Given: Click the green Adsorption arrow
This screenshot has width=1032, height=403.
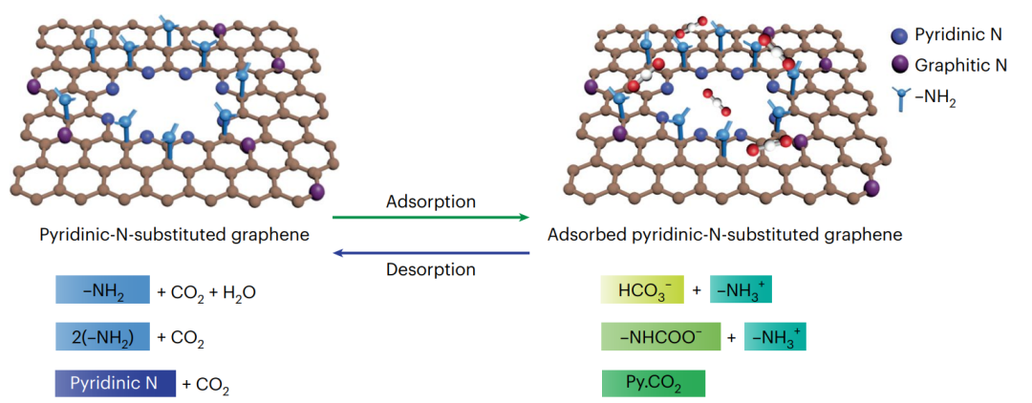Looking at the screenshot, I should click(x=430, y=218).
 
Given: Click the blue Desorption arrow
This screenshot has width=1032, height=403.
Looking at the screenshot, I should click(x=430, y=253).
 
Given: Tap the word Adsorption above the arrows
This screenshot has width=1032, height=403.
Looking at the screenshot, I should click(x=431, y=201).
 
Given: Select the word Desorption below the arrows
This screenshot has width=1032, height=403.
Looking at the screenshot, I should click(x=431, y=269).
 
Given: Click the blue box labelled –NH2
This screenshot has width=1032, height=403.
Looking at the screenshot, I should click(x=102, y=290).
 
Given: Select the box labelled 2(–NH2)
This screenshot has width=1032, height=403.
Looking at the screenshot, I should click(x=102, y=336).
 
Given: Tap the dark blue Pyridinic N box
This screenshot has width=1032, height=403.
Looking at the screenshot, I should click(x=115, y=384).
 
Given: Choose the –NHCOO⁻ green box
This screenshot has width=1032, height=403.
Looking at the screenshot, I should click(x=658, y=336).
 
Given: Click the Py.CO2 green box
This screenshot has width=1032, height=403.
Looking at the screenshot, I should click(x=653, y=384).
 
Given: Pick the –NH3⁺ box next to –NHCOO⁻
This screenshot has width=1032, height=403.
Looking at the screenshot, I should click(x=774, y=336).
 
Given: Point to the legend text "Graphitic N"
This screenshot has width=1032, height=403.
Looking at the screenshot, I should click(x=960, y=66).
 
